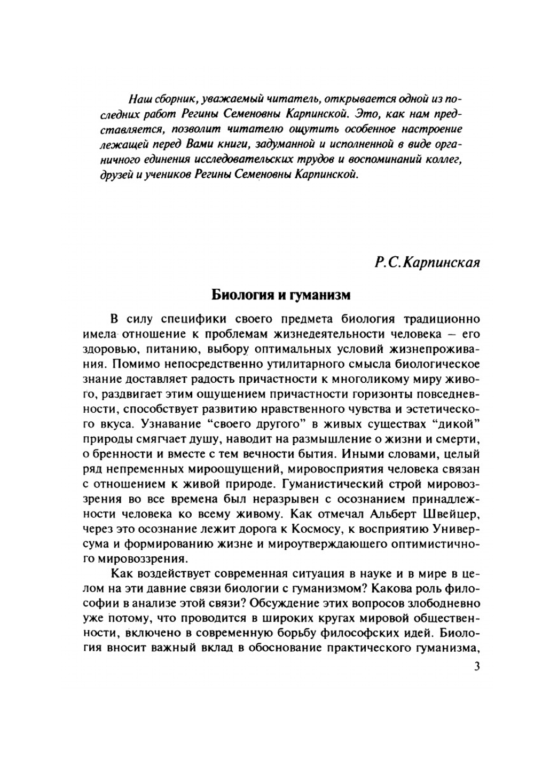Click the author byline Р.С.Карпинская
(x=427, y=262)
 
